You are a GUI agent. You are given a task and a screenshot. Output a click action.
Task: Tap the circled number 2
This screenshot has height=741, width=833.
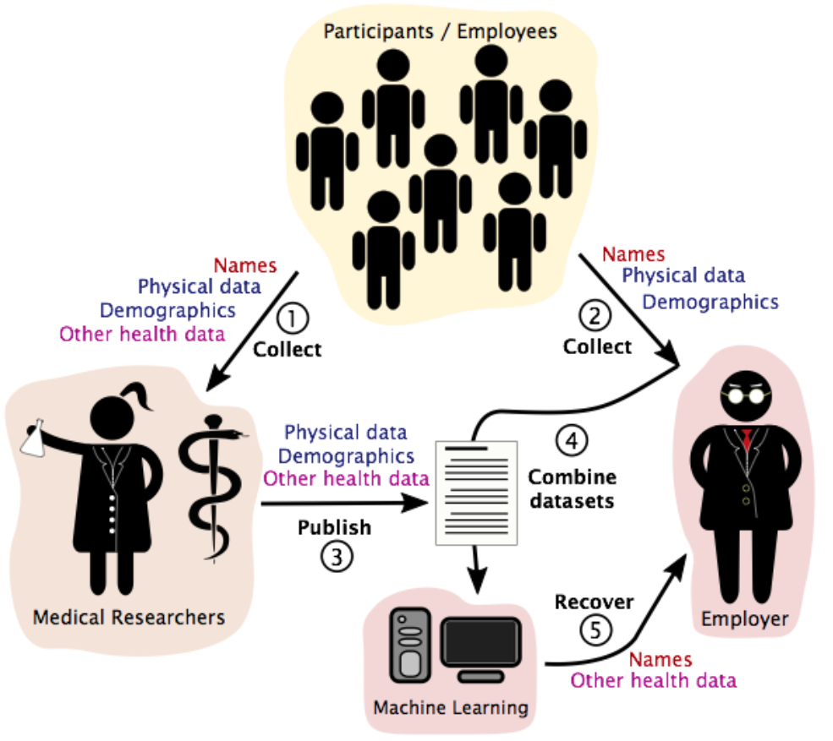click(x=595, y=317)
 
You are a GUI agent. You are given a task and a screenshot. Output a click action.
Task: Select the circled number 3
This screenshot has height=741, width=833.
click(x=335, y=558)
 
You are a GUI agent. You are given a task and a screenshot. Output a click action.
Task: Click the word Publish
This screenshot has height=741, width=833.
click(x=334, y=528)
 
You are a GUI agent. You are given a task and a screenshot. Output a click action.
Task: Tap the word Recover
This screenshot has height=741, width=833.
click(x=594, y=602)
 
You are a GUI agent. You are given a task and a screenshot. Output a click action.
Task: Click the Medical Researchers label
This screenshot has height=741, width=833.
click(x=129, y=618)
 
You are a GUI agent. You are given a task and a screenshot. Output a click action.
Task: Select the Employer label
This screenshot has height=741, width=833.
click(x=744, y=619)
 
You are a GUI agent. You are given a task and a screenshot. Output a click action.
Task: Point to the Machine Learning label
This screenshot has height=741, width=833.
click(x=451, y=706)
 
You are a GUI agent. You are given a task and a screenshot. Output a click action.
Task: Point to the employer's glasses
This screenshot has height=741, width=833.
click(x=748, y=394)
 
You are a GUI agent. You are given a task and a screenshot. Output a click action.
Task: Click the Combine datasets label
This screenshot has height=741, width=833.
click(x=572, y=488)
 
